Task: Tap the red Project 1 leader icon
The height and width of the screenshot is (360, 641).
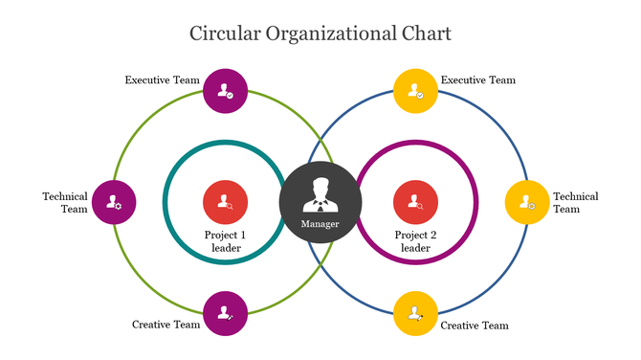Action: (x=226, y=203)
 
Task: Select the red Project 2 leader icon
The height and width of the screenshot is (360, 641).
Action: (x=416, y=203)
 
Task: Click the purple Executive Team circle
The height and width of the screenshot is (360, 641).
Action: (x=226, y=92)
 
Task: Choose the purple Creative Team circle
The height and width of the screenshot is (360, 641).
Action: (x=226, y=314)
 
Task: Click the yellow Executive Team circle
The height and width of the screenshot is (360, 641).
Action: (x=416, y=92)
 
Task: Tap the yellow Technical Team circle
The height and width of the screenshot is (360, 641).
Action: (x=527, y=203)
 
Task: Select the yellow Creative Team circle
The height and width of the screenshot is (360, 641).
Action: (x=416, y=314)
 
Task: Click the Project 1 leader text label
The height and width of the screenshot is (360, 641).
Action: (x=226, y=241)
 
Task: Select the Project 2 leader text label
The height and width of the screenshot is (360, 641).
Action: (x=416, y=241)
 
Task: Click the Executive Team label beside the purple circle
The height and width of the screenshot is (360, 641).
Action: (x=162, y=79)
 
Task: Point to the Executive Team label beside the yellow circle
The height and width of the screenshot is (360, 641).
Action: (x=477, y=79)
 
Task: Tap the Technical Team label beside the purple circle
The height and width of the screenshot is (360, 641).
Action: (x=65, y=202)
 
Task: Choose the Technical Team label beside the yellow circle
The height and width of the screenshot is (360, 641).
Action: (x=576, y=202)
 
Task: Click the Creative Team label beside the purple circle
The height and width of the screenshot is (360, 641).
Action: (x=166, y=325)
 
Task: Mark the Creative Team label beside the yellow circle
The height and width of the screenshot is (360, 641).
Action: (x=475, y=326)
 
